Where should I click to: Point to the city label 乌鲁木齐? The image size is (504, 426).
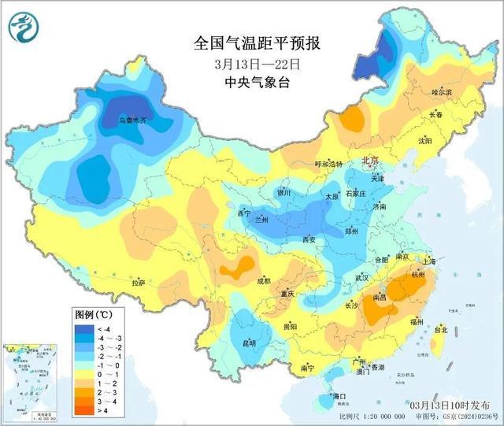(132, 121)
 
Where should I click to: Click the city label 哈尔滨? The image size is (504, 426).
(442, 92)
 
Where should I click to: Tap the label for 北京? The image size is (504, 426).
(370, 161)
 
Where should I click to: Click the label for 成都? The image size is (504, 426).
(262, 280)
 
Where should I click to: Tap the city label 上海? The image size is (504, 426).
(429, 261)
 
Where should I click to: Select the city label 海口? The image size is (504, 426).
(340, 395)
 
